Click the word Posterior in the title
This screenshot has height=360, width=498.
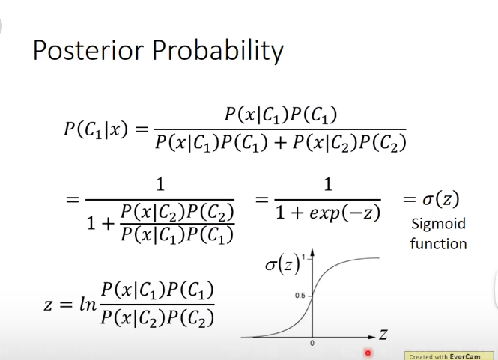tap(88, 50)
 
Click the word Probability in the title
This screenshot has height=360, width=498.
tap(218, 51)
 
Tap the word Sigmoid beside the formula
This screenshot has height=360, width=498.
tap(438, 224)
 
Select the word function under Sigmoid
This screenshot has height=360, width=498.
tap(438, 244)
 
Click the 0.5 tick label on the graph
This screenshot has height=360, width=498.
tap(300, 296)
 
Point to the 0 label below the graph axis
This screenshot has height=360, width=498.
tap(312, 344)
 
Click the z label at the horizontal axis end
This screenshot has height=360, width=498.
tap(383, 335)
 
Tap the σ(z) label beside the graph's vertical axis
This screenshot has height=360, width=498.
tap(282, 264)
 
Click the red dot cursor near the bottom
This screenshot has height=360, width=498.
tap(368, 353)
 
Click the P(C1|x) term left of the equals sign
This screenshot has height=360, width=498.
tap(96, 129)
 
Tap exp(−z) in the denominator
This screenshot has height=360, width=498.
tap(345, 213)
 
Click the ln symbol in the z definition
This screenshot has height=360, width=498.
tap(88, 304)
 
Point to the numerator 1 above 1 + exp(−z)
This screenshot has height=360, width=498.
tap(328, 184)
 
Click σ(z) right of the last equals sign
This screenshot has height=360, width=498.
tap(441, 199)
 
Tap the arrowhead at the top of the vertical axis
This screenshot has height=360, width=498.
tap(312, 253)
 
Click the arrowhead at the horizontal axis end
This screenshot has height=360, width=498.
tap(371, 337)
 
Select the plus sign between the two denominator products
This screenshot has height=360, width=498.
tap(280, 143)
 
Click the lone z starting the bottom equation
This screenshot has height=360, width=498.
tap(48, 305)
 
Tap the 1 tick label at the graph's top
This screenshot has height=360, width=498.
tap(303, 257)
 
